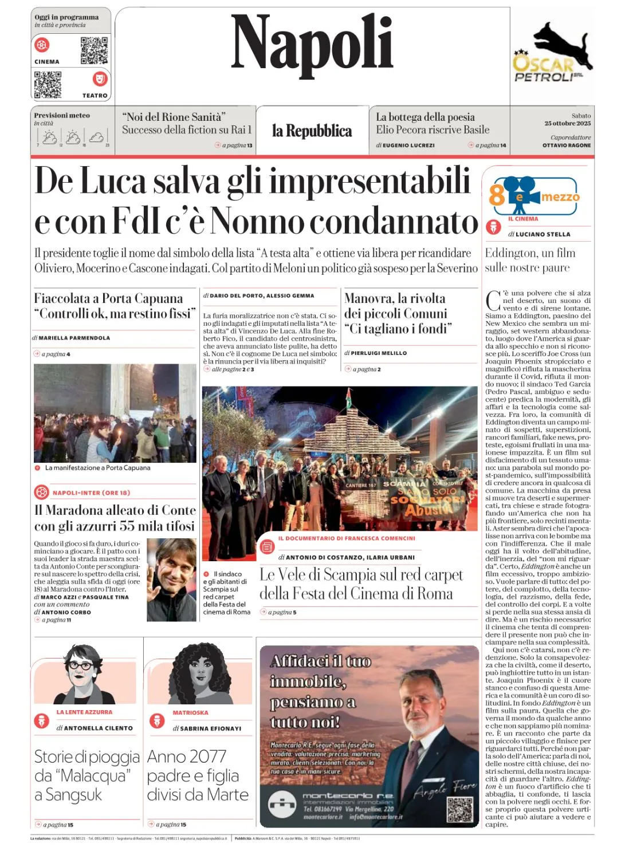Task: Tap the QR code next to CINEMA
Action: coord(94,50)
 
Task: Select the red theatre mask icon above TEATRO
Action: coord(100,78)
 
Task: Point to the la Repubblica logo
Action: coord(312,131)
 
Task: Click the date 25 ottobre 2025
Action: coord(567,124)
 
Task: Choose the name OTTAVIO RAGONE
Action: coord(567,145)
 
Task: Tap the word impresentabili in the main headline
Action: coord(370,181)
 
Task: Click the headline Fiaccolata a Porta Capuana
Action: coord(108,298)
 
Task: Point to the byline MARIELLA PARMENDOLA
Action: coord(74,338)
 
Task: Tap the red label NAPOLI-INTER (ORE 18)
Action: coord(91,492)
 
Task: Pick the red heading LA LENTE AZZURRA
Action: coord(84,712)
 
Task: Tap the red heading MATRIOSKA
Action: coord(190,713)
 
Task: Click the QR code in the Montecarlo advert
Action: coord(459,809)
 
